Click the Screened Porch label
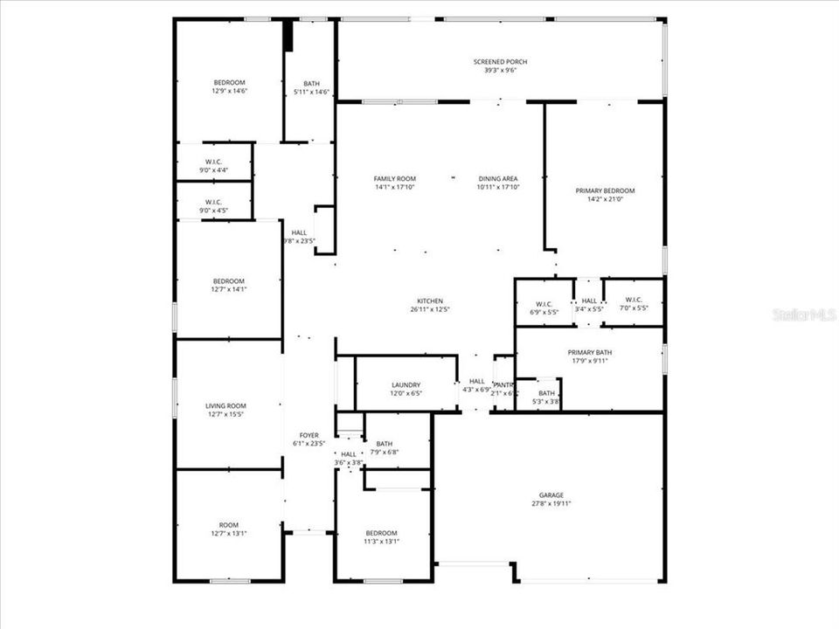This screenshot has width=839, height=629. pos(500,62)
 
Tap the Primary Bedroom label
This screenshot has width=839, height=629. pos(605,190)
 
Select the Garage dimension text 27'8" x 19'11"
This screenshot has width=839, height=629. pos(551,504)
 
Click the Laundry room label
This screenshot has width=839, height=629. pos(406,384)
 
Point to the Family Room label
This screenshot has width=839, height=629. pos(394,178)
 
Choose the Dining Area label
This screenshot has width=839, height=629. pos(497,178)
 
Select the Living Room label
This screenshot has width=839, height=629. pos(225,405)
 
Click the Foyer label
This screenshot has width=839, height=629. pos(309,435)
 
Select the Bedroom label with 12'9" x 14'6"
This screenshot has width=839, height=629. pos(229,82)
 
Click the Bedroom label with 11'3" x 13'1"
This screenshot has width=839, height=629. pos(381,533)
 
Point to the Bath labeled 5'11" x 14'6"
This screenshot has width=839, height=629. pos(311,83)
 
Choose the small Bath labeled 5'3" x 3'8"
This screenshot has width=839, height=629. pos(546,393)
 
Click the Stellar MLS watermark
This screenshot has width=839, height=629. pos(804,314)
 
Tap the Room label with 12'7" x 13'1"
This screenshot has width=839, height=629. pos(228,525)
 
